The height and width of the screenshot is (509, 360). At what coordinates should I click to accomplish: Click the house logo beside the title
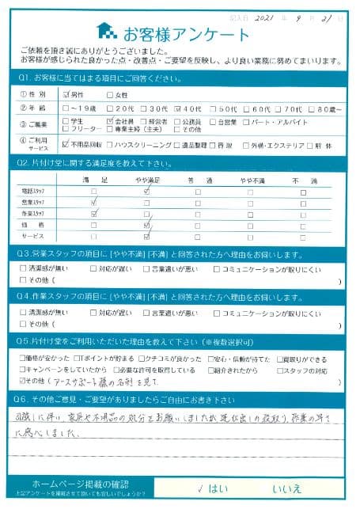[x=107, y=32]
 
